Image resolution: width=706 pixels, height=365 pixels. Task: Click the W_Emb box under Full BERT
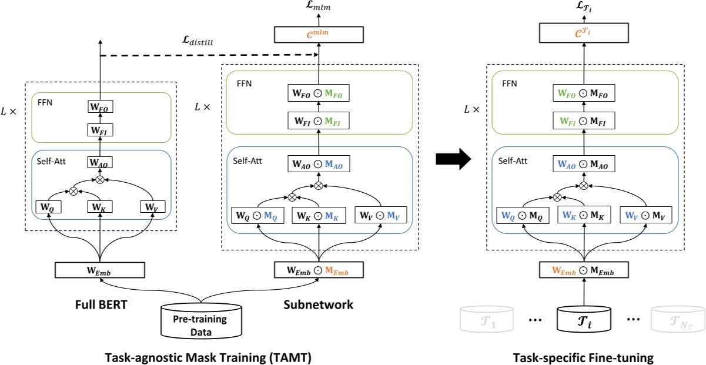[100, 270]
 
